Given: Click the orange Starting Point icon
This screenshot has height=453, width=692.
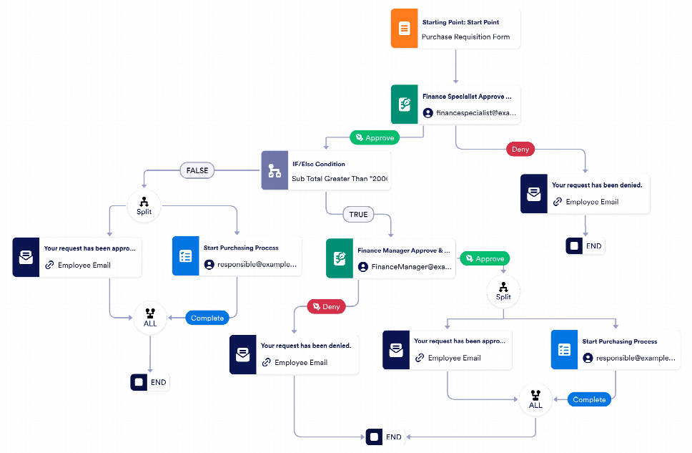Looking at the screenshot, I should [x=404, y=29].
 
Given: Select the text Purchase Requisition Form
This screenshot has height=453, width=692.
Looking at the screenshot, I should [x=465, y=37].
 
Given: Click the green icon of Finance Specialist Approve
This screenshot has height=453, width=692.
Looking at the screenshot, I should [x=405, y=104].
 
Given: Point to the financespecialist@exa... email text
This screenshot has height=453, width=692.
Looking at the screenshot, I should [x=475, y=113].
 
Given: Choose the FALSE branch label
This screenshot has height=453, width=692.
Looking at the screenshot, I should [x=197, y=171].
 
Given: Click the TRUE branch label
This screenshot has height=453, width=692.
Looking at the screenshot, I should [x=358, y=214].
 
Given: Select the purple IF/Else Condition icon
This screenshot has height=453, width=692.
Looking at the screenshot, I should [x=274, y=171].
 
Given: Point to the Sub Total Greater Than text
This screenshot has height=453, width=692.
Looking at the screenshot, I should [x=339, y=179].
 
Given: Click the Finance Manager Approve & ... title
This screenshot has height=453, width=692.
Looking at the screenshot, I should [x=404, y=251].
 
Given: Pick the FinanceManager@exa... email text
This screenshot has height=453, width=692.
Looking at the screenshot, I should [x=411, y=267].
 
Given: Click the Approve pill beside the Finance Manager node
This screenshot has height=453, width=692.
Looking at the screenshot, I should [x=485, y=258].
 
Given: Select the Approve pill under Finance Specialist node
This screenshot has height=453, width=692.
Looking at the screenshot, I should [x=375, y=137].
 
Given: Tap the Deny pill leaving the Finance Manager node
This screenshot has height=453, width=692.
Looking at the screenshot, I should [x=327, y=306].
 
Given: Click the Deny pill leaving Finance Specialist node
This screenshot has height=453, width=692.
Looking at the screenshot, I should [x=521, y=150].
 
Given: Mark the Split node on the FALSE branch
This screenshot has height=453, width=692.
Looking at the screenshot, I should [x=144, y=204].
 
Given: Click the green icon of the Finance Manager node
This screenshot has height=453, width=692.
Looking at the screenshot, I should [x=339, y=259].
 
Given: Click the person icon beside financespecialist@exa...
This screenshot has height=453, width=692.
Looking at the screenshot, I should [x=427, y=113].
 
